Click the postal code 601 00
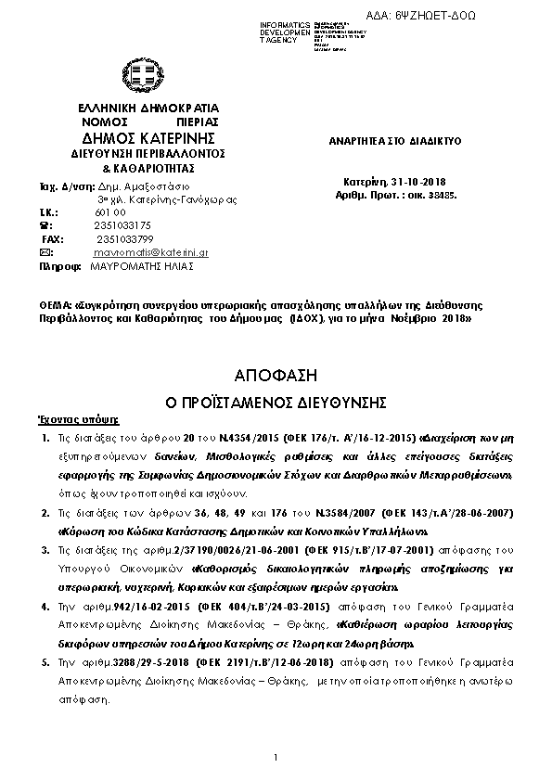click(x=109, y=211)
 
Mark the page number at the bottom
click(x=276, y=759)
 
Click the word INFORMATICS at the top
click(x=282, y=24)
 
